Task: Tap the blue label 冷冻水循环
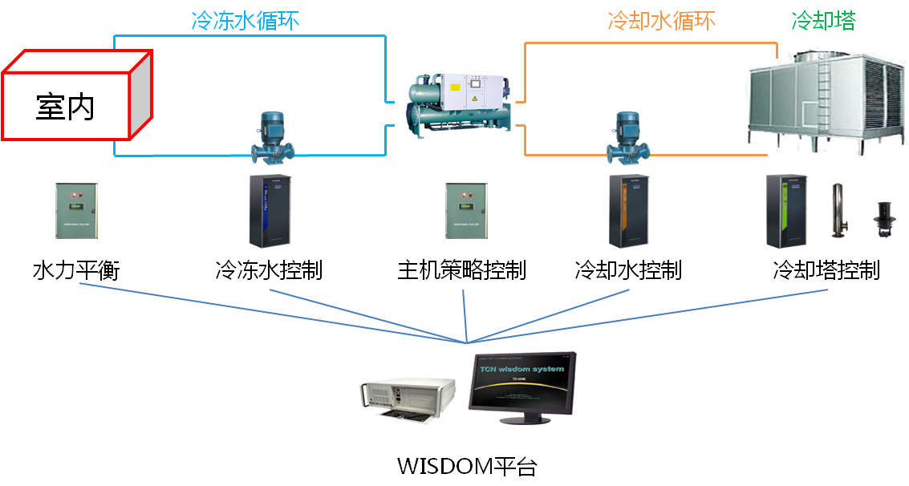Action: pos(245,20)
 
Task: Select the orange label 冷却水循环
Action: pos(660,20)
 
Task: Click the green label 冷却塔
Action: pos(823,20)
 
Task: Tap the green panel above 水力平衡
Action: pos(77,210)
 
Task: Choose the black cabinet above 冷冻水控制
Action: pos(270,211)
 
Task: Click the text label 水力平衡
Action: pos(75,270)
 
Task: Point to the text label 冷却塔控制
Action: pos(826,270)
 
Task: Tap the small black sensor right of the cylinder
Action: pos(883,218)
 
